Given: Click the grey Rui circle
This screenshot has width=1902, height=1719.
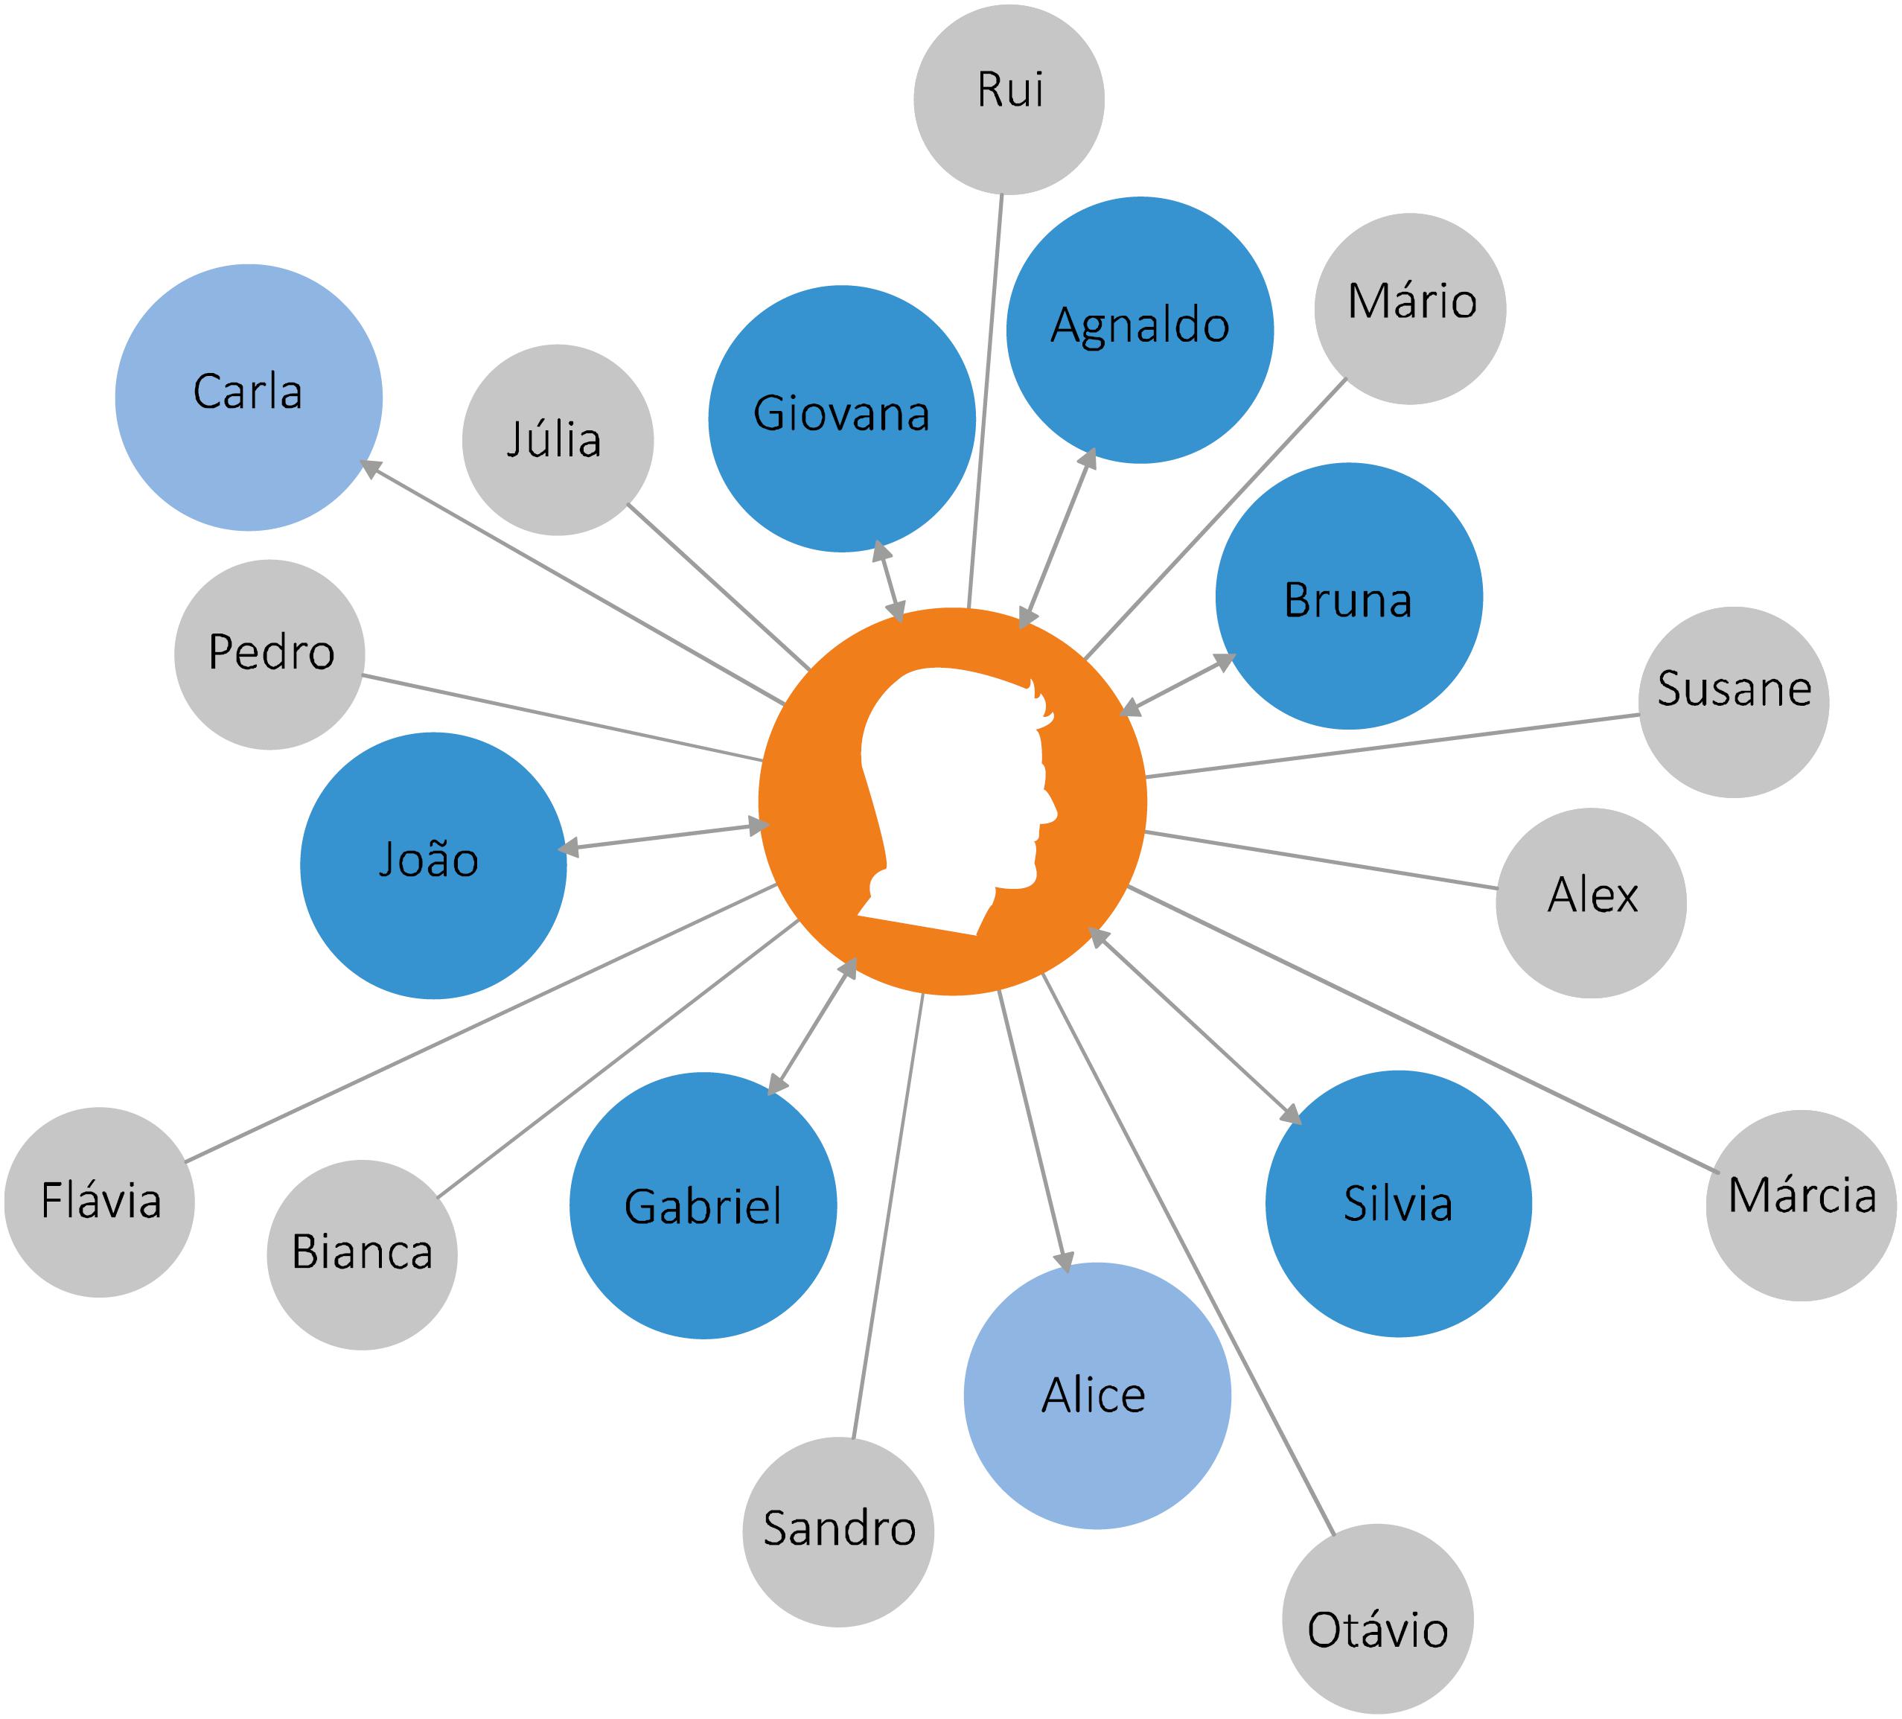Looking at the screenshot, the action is [x=1009, y=99].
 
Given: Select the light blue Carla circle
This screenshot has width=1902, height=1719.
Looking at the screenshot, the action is [x=248, y=398].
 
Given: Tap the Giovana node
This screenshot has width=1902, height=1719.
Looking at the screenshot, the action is [x=841, y=418].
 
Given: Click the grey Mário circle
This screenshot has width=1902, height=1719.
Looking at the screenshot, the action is [x=1409, y=308].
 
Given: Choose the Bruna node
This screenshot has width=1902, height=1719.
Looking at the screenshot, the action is [x=1348, y=596].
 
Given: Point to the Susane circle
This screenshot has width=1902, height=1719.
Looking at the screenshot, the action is [x=1733, y=702].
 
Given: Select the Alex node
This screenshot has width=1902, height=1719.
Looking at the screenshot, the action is [x=1591, y=903].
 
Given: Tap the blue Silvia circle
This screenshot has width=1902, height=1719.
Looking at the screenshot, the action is [x=1398, y=1203].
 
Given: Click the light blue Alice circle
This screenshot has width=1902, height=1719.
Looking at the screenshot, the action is [x=1097, y=1394].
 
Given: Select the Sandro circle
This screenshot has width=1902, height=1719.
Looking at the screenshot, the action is [x=837, y=1531].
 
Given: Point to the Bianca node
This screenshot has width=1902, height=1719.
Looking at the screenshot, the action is [x=361, y=1254].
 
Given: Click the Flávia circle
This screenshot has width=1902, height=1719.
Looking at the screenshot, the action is [x=99, y=1202].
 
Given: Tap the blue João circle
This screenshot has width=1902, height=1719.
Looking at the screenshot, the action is [x=433, y=865].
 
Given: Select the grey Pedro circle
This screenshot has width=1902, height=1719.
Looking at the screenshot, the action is [x=269, y=654].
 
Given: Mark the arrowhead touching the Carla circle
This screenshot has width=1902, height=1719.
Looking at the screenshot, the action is [x=371, y=468].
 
